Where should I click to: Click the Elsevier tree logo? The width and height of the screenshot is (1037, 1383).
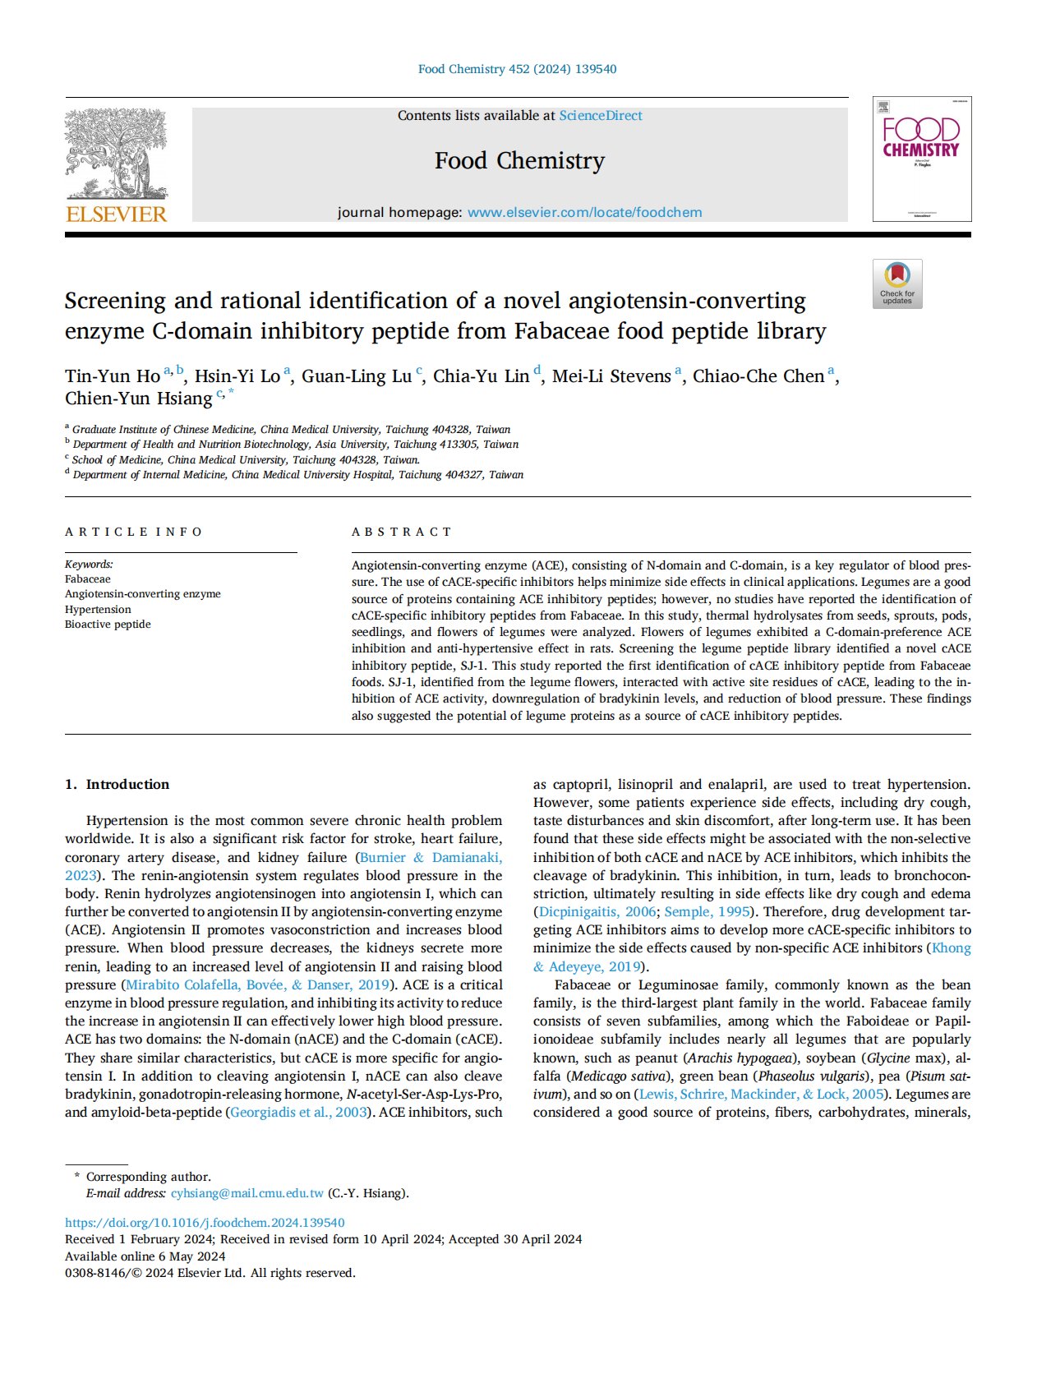click(116, 154)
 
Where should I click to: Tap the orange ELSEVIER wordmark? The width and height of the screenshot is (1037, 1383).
click(116, 214)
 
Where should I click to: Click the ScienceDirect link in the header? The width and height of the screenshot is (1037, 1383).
click(601, 116)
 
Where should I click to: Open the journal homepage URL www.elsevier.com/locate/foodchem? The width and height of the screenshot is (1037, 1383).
click(584, 213)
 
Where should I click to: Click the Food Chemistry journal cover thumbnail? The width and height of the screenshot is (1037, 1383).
click(921, 159)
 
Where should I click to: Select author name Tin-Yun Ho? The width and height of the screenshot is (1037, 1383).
click(113, 376)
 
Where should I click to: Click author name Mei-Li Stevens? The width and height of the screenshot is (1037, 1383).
click(611, 376)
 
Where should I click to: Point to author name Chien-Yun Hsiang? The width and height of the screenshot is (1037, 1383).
click(139, 399)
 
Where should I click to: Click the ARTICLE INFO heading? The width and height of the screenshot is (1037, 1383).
click(133, 532)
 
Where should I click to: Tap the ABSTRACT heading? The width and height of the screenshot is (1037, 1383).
click(402, 532)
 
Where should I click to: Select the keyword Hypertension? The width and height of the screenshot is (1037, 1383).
click(98, 610)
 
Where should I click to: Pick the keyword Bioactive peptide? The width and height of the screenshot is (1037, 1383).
click(108, 625)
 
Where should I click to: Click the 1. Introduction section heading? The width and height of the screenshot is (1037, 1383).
click(117, 784)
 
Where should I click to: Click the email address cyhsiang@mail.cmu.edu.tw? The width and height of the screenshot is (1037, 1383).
click(247, 1193)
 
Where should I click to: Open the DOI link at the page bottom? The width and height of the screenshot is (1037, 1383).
click(205, 1223)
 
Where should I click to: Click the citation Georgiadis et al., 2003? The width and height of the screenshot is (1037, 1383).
click(298, 1113)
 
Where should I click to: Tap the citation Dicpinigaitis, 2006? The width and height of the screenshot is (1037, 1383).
click(597, 911)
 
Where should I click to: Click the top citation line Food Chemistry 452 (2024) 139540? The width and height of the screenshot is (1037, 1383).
click(518, 69)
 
